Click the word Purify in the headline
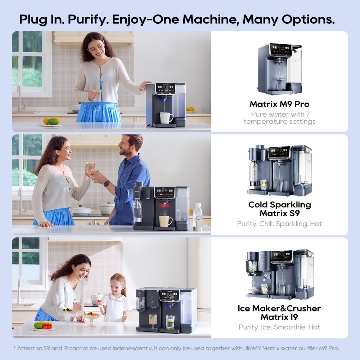point(88,19)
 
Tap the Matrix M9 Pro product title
point(279,104)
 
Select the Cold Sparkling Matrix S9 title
point(280,209)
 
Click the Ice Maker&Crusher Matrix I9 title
point(279,312)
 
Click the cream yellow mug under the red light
point(165,221)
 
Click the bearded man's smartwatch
point(107,184)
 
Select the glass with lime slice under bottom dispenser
point(170,322)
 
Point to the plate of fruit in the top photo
point(52,122)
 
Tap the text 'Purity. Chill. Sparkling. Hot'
point(279,224)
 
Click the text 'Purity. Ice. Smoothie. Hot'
point(279,327)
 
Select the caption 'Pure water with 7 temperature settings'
point(280,118)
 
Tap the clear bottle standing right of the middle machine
point(197,217)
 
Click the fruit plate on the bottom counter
point(43,326)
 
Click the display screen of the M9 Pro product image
point(281,49)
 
